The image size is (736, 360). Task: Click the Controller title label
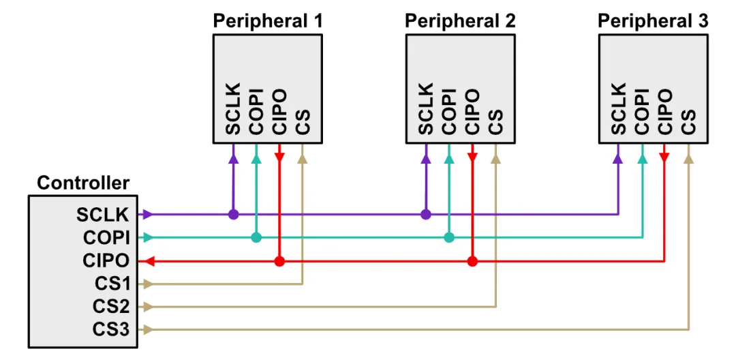(82, 183)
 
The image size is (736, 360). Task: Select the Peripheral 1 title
(268, 20)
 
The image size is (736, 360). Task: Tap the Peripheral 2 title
(460, 20)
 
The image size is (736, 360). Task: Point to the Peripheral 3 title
(653, 20)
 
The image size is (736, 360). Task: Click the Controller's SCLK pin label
(103, 214)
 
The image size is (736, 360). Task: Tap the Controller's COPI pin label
(106, 237)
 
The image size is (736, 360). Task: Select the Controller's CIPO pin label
(106, 260)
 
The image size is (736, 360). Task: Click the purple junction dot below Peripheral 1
(234, 214)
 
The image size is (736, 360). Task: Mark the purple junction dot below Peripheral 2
(426, 214)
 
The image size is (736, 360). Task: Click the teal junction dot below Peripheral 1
(256, 237)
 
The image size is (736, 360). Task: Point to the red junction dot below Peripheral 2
(472, 260)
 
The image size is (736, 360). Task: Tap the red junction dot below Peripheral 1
(279, 260)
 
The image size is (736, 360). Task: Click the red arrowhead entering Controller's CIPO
(149, 260)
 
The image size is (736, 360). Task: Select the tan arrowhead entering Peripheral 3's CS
(689, 158)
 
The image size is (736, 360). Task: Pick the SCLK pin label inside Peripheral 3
(618, 109)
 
